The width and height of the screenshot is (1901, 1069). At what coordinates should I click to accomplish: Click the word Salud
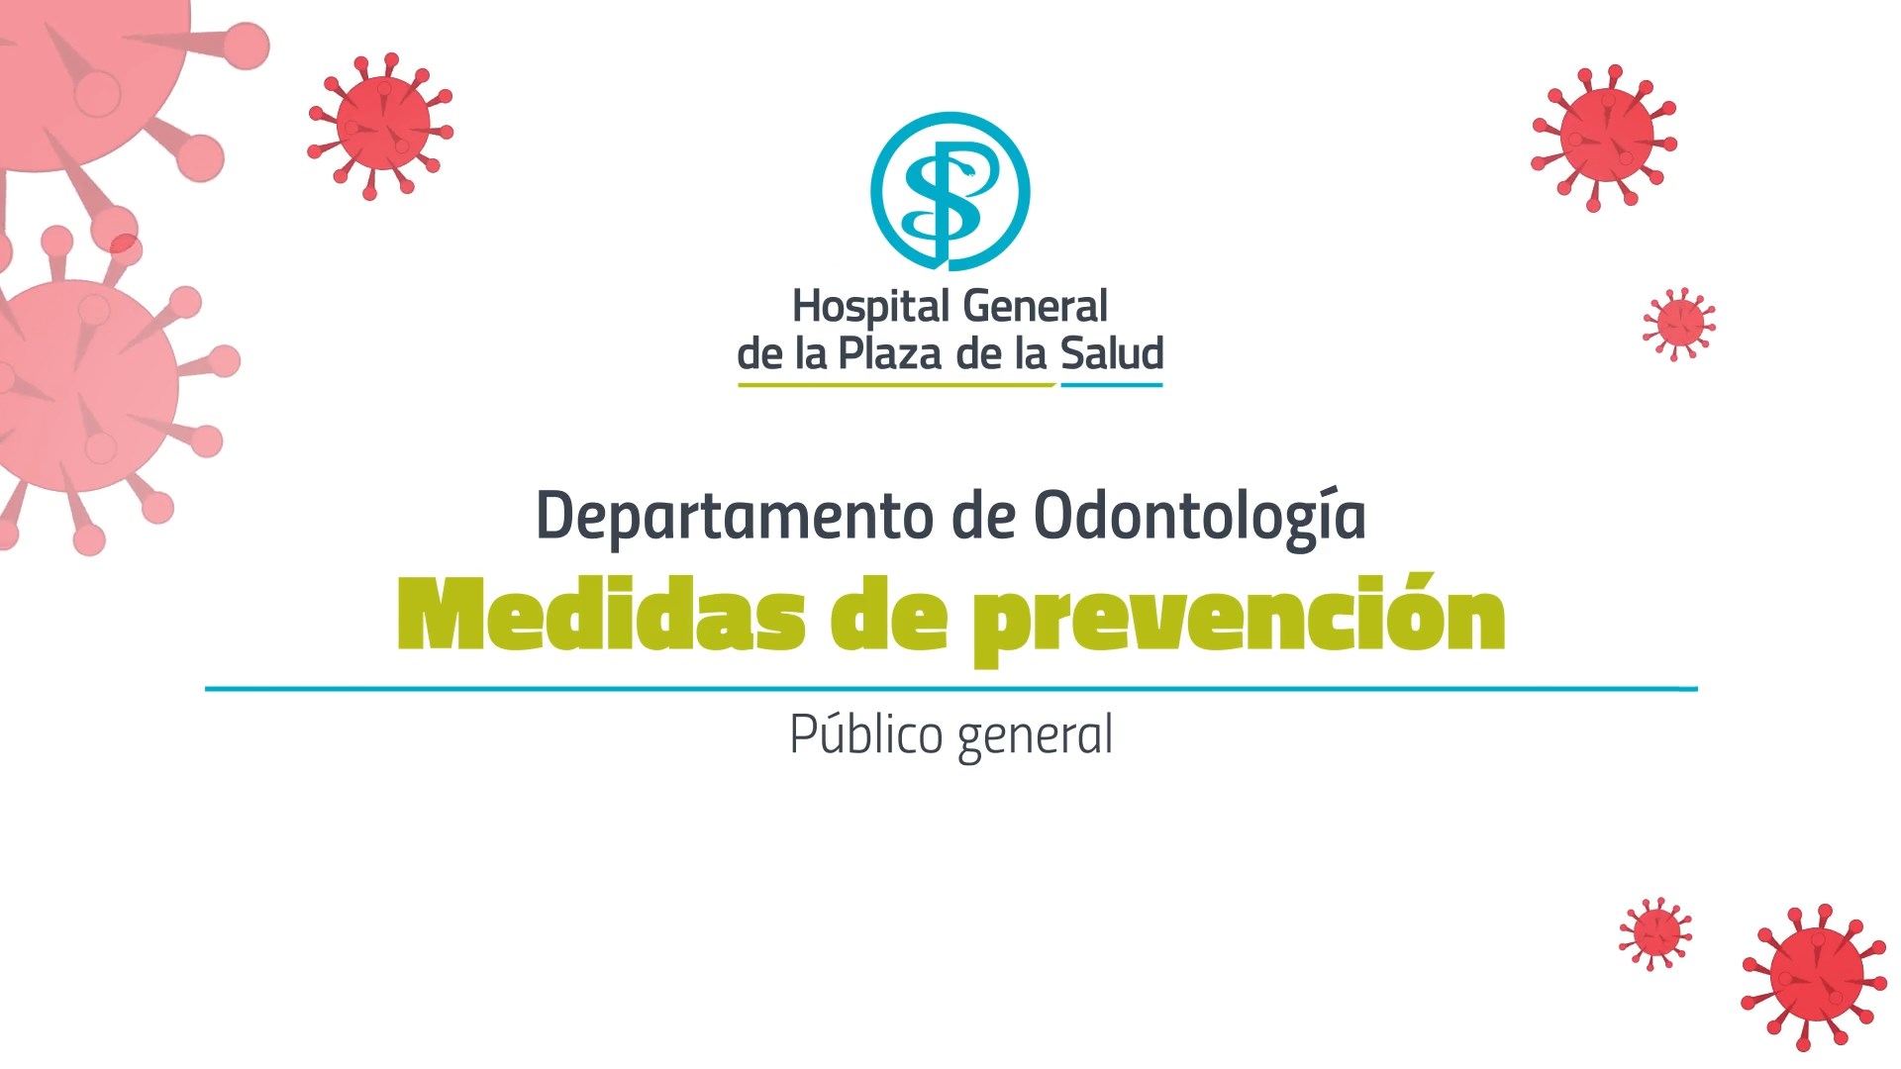[x=1112, y=354]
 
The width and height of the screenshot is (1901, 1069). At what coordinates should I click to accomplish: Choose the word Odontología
[x=1200, y=515]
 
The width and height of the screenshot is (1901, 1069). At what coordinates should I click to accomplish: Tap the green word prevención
[x=1238, y=619]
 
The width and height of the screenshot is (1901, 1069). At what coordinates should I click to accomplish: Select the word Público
[x=866, y=733]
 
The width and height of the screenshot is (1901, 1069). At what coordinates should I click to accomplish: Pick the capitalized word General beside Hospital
[x=1035, y=306]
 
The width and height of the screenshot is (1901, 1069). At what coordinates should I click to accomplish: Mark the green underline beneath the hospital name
[x=897, y=385]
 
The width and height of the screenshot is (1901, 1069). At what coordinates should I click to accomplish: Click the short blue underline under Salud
[x=1112, y=385]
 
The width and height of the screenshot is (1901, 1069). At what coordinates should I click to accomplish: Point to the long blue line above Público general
[x=950, y=689]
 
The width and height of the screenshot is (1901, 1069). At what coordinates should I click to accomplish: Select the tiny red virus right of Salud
[x=1679, y=324]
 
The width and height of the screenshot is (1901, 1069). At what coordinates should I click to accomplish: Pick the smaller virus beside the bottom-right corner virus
[x=1655, y=933]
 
